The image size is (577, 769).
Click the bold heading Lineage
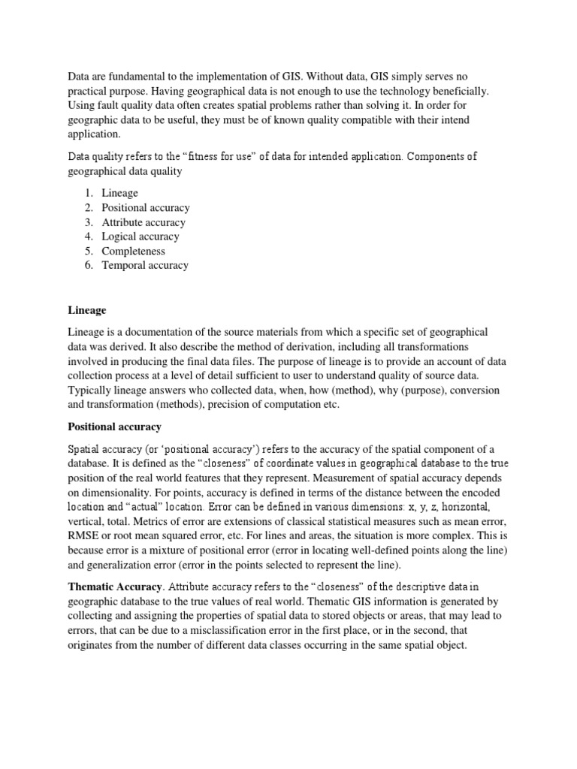pos(87,310)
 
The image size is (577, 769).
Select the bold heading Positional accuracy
pos(115,427)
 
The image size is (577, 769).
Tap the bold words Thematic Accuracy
pos(113,587)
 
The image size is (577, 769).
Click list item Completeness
pos(134,251)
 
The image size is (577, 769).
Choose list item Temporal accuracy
pos(145,265)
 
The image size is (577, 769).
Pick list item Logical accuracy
pos(140,237)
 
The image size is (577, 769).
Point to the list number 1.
pos(87,193)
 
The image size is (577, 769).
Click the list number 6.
pos(87,265)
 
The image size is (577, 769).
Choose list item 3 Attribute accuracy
pos(143,222)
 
